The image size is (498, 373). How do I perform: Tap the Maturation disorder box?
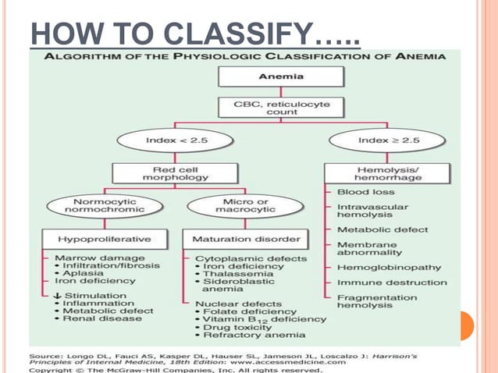(234, 237)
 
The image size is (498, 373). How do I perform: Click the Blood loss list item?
(365, 192)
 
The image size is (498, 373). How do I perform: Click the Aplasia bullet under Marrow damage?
(86, 273)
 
